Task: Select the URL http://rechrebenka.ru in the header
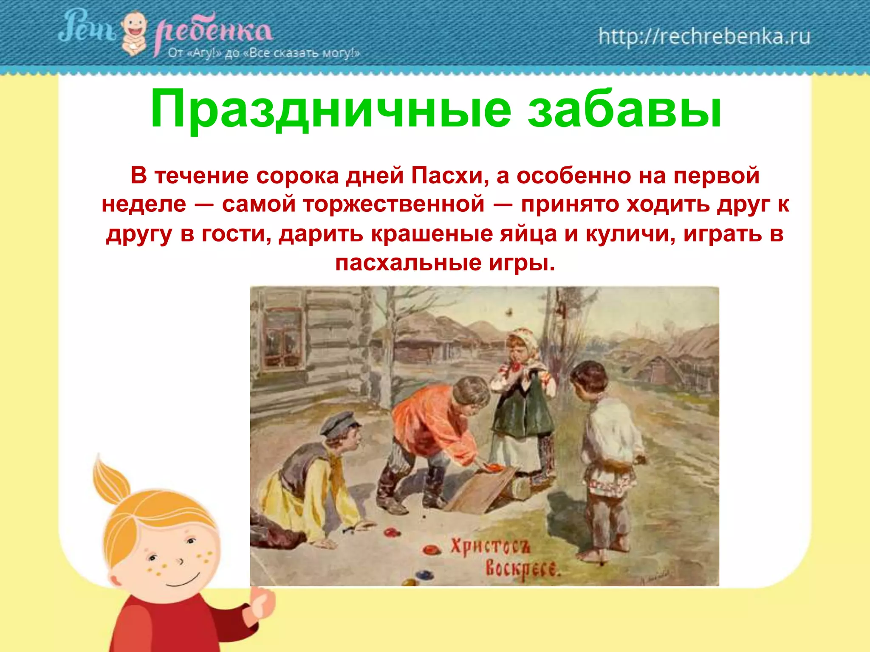704,37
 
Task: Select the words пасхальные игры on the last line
445,263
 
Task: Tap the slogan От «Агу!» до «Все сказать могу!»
263,53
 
